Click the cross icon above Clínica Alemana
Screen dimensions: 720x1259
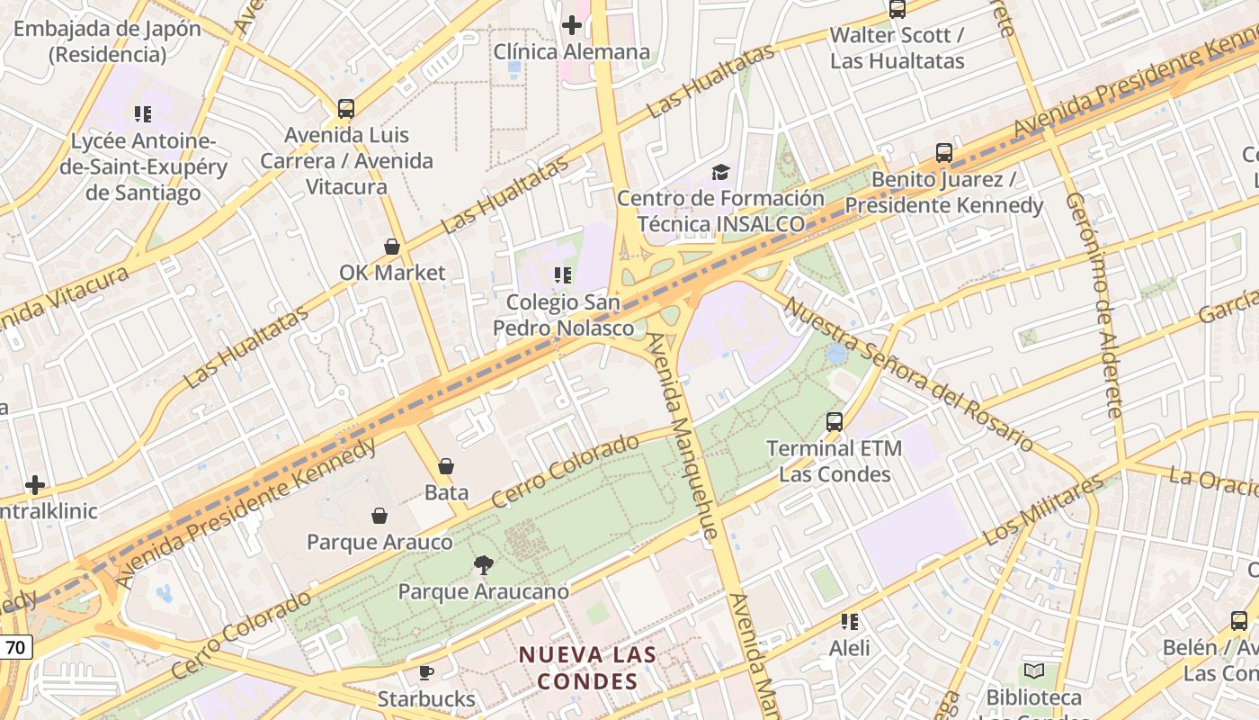571,25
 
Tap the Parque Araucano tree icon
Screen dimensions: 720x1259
484,565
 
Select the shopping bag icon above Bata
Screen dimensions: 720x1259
446,466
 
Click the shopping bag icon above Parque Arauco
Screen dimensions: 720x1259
379,516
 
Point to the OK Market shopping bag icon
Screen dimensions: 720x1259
392,246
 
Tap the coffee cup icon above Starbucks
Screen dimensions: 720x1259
426,672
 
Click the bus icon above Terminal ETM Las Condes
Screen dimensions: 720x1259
835,421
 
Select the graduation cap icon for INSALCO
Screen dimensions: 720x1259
720,171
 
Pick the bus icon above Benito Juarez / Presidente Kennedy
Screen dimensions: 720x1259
943,153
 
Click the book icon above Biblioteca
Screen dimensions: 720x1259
1034,670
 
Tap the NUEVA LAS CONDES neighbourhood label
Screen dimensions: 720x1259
588,668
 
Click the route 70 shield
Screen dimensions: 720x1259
15,646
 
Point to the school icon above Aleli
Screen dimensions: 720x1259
849,621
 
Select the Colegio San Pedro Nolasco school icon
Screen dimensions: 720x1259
563,274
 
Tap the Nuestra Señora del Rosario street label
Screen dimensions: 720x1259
908,373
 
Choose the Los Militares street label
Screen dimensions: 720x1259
1043,510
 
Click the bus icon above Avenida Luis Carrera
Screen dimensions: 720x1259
346,109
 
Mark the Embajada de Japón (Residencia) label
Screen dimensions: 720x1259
107,41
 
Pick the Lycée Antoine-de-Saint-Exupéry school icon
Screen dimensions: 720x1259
142,114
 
